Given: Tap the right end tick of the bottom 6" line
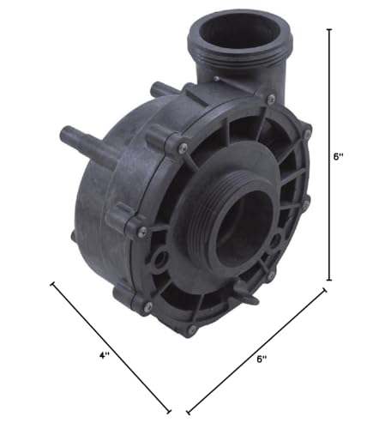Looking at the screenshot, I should pos(323,291).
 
